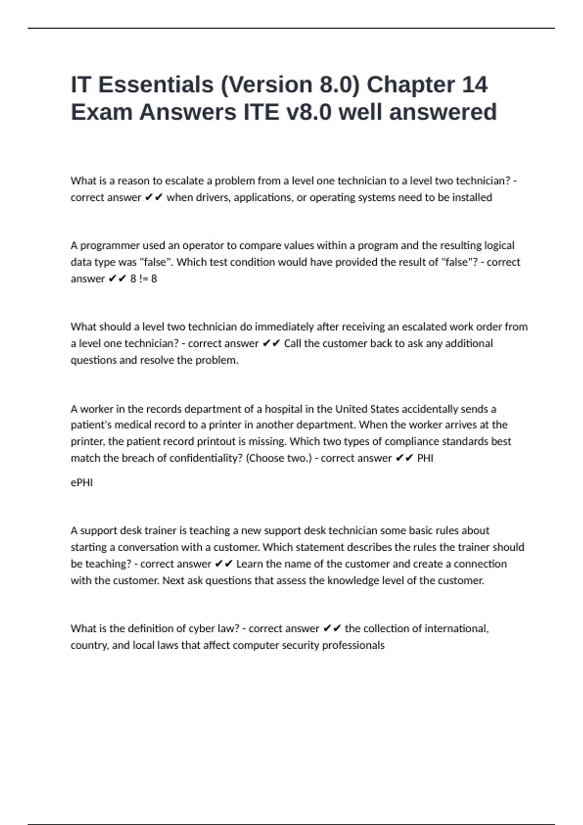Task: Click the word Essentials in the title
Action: click(156, 84)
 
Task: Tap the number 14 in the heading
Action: click(474, 84)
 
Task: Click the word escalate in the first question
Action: click(184, 181)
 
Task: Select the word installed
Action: click(472, 198)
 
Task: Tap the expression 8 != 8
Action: click(144, 279)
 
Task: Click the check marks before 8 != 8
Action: click(118, 279)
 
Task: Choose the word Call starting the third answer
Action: click(292, 344)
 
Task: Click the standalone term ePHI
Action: click(82, 483)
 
